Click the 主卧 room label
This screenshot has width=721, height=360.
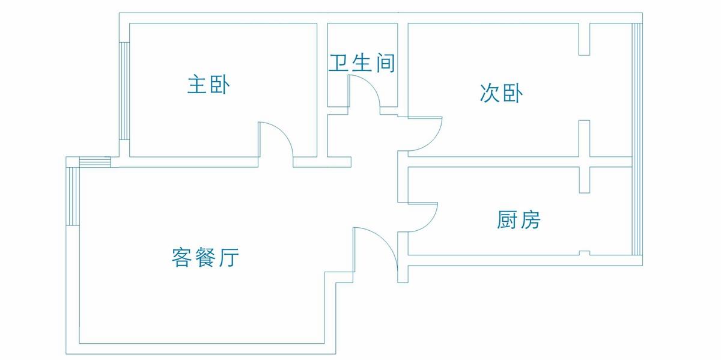[x=208, y=85]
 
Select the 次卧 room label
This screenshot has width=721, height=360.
[x=501, y=93]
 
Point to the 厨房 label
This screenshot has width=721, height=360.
[x=519, y=221]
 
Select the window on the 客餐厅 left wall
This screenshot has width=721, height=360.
[x=73, y=196]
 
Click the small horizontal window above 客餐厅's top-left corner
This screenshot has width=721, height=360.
[x=96, y=162]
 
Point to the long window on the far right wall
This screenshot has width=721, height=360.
[x=637, y=138]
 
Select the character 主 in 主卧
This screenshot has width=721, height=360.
[x=196, y=85]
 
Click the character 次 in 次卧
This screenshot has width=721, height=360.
[x=490, y=93]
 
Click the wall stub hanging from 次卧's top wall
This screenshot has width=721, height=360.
[x=583, y=39]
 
